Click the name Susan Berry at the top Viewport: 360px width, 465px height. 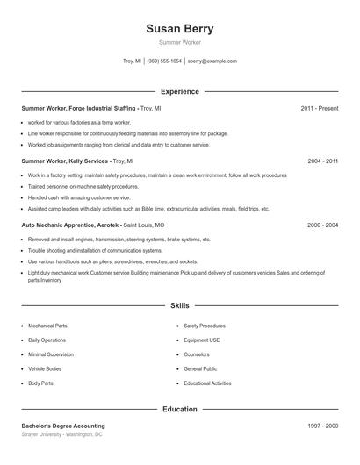pyautogui.click(x=179, y=28)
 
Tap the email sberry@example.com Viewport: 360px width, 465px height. pyautogui.click(x=212, y=61)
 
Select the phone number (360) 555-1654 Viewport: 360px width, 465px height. pyautogui.click(x=164, y=61)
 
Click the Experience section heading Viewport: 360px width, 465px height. pyautogui.click(x=179, y=91)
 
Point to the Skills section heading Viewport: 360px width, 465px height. pyautogui.click(x=179, y=306)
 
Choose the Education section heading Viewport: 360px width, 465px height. pyautogui.click(x=179, y=409)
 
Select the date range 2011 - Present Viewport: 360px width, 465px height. pyautogui.click(x=319, y=108)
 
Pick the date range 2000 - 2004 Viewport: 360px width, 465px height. pyautogui.click(x=322, y=225)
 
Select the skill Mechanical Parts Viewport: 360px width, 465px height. pyautogui.click(x=47, y=325)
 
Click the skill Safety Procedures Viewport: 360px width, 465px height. pyautogui.click(x=205, y=325)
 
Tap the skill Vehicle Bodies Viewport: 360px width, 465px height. pyautogui.click(x=46, y=368)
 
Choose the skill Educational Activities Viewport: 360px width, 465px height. pyautogui.click(x=207, y=383)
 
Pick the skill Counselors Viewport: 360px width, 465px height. pyautogui.click(x=197, y=354)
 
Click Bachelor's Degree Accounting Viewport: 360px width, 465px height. pyautogui.click(x=63, y=426)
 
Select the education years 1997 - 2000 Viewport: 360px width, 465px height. pyautogui.click(x=322, y=426)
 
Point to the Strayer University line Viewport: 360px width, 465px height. pyautogui.click(x=61, y=434)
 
